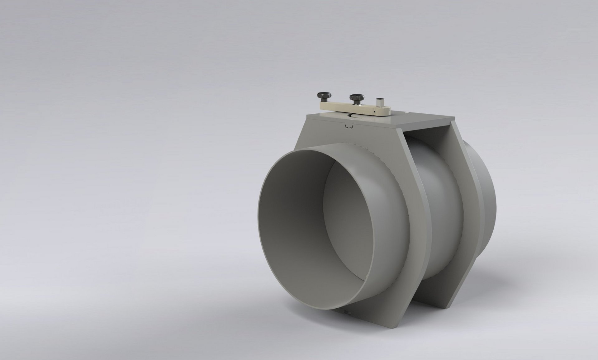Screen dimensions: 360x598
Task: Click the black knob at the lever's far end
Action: tap(323, 95)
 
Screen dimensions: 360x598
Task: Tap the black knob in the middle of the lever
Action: tap(355, 98)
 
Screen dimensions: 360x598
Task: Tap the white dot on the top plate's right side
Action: tap(407, 113)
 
